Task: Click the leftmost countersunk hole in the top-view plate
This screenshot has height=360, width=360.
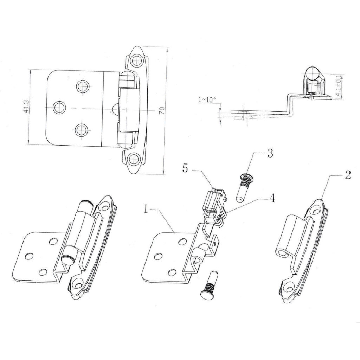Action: (x=59, y=107)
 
